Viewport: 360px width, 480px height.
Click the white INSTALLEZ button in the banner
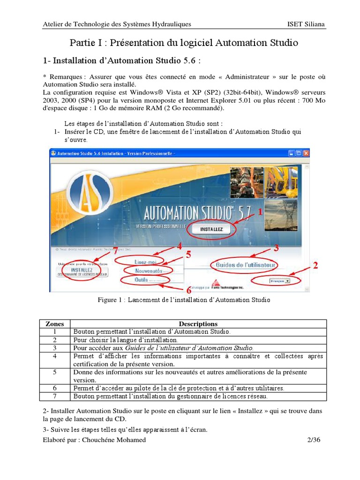pyautogui.click(x=211, y=230)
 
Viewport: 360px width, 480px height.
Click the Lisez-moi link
pyautogui.click(x=145, y=262)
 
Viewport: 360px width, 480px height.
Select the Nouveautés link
pyautogui.click(x=148, y=271)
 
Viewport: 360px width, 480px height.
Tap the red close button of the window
pyautogui.click(x=306, y=153)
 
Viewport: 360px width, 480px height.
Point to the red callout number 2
pyautogui.click(x=315, y=266)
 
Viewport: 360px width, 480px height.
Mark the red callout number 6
pyautogui.click(x=188, y=291)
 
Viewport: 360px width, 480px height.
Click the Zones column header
pyautogui.click(x=55, y=324)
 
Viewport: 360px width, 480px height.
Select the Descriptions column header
pyautogui.click(x=198, y=324)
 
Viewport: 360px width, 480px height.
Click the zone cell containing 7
pyautogui.click(x=55, y=397)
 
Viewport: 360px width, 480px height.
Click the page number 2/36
pyautogui.click(x=312, y=440)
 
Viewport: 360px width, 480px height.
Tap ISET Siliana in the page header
pyautogui.click(x=307, y=24)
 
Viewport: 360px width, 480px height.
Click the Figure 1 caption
pyautogui.click(x=184, y=300)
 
